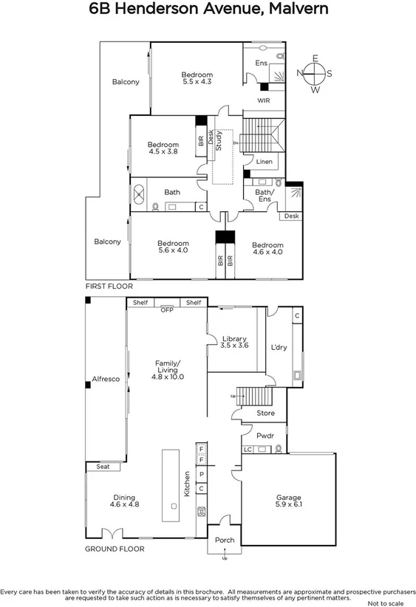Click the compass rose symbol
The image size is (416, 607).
(315, 73)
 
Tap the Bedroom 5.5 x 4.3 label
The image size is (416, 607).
(197, 78)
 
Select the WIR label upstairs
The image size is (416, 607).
(264, 100)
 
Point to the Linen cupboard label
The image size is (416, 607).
(264, 162)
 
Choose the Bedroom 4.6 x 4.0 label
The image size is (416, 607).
(267, 248)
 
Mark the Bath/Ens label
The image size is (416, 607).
(265, 196)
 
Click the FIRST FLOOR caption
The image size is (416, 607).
(109, 286)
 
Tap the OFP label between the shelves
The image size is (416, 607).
(167, 310)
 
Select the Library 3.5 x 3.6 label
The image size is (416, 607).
(234, 342)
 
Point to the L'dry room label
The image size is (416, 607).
(279, 347)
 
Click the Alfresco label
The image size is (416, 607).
(105, 379)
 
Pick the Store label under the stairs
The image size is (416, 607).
(265, 414)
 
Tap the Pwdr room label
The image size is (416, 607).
(265, 436)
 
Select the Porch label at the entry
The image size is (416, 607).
(224, 541)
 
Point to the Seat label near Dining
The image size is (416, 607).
(98, 467)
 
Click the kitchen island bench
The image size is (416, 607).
(173, 483)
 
